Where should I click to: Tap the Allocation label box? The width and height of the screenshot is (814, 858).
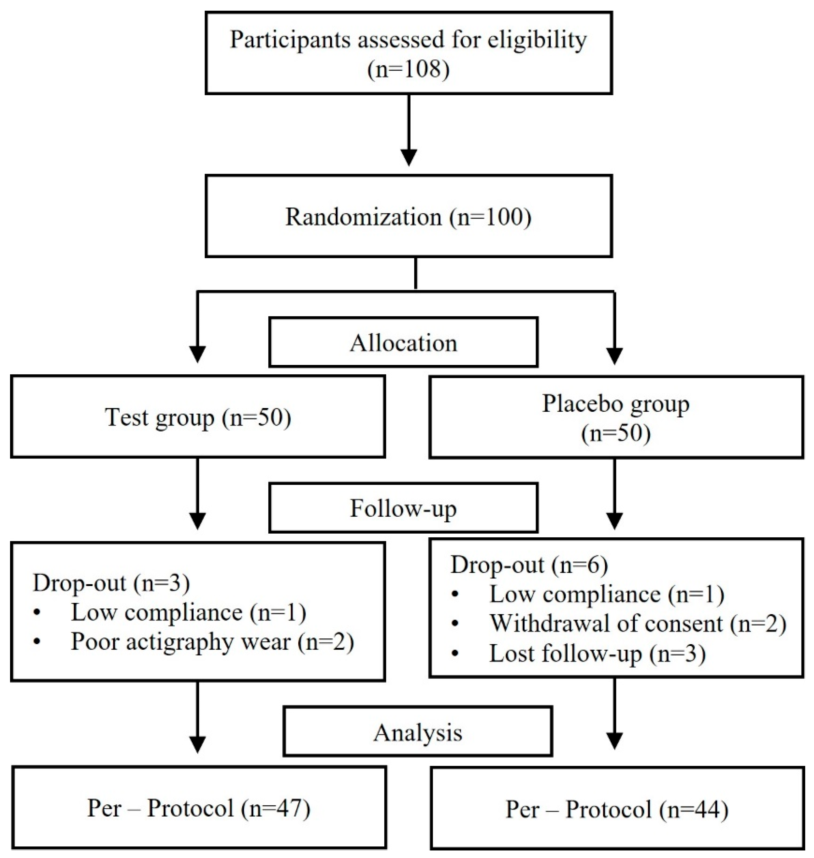404,343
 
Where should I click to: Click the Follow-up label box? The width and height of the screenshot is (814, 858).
404,508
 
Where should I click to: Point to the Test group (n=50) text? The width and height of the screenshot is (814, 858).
198,417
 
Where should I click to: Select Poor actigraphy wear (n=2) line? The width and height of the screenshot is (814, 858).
212,642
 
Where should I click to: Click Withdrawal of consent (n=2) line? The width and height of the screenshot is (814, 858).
638,623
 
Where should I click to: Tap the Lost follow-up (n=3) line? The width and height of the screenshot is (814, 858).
597,653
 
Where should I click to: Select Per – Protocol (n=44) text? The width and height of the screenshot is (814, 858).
617,809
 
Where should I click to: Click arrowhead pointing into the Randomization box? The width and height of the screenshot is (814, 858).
409,157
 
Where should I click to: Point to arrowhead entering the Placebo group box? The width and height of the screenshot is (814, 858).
614,356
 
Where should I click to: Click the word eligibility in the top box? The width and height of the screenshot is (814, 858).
537,40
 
